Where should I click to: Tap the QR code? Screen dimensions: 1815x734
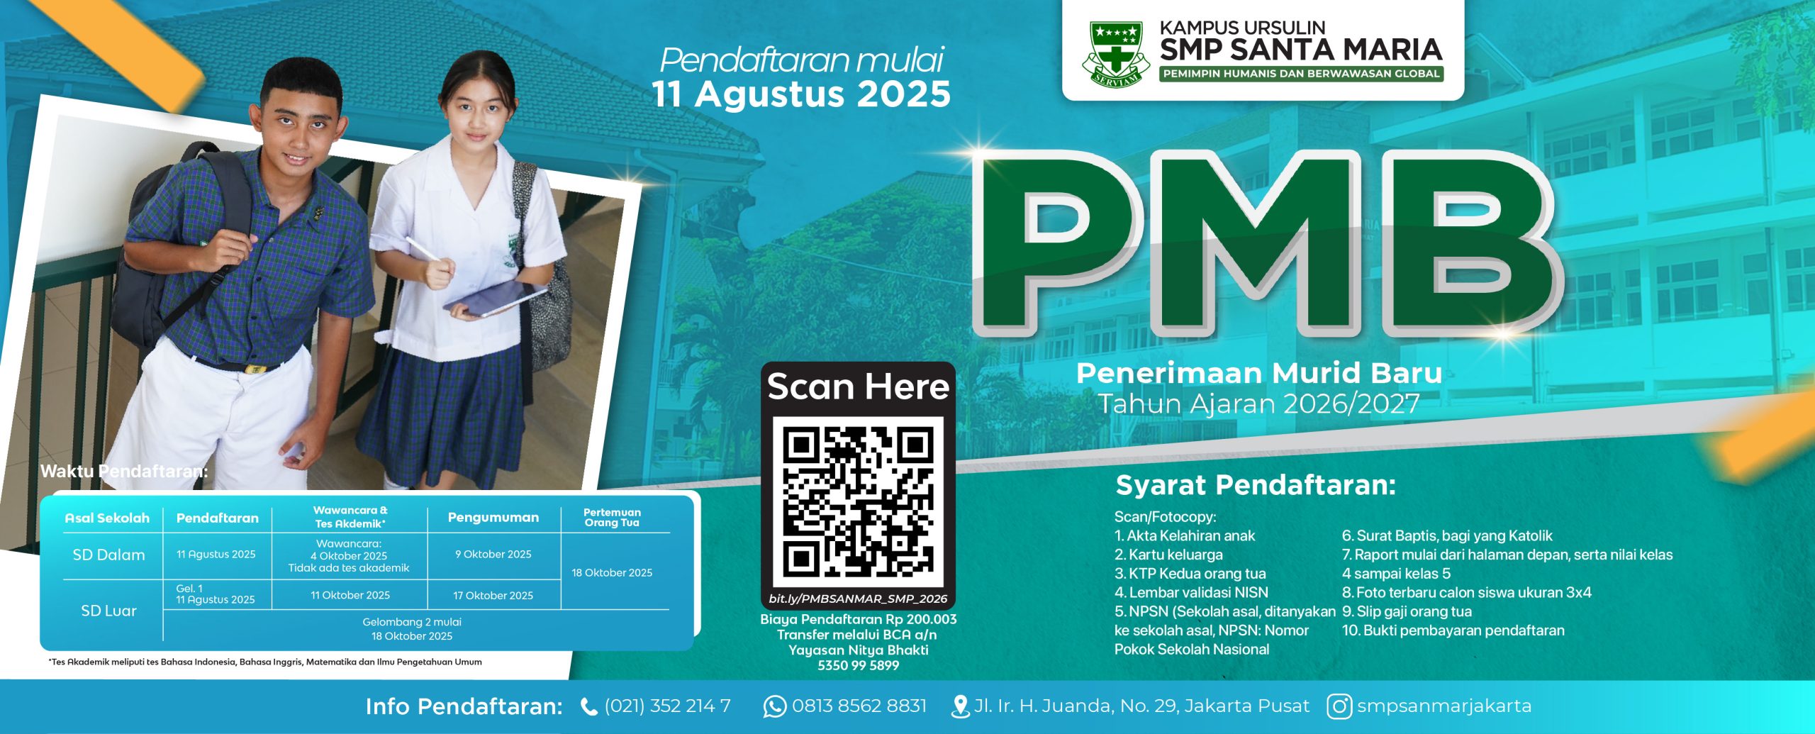click(858, 501)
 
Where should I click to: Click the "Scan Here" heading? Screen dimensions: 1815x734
click(858, 387)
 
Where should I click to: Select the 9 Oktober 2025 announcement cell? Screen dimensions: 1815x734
click(493, 555)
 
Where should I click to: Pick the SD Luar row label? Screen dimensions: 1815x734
click(108, 611)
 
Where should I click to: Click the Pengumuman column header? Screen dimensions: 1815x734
click(493, 518)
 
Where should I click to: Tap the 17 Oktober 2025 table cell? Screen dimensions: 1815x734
click(493, 596)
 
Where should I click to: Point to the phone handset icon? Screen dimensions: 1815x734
click(588, 706)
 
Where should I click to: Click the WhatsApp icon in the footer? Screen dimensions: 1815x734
click(774, 706)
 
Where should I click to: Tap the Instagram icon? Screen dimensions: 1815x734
click(1339, 706)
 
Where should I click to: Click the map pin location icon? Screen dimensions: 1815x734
click(960, 706)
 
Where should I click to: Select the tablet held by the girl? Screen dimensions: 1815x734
click(495, 298)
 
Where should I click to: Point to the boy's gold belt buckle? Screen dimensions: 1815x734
click(253, 368)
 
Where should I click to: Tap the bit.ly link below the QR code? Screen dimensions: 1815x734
click(858, 599)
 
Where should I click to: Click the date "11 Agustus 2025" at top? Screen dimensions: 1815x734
click(801, 94)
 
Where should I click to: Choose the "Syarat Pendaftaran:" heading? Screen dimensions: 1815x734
click(1256, 486)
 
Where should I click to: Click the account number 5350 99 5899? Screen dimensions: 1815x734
click(858, 665)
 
